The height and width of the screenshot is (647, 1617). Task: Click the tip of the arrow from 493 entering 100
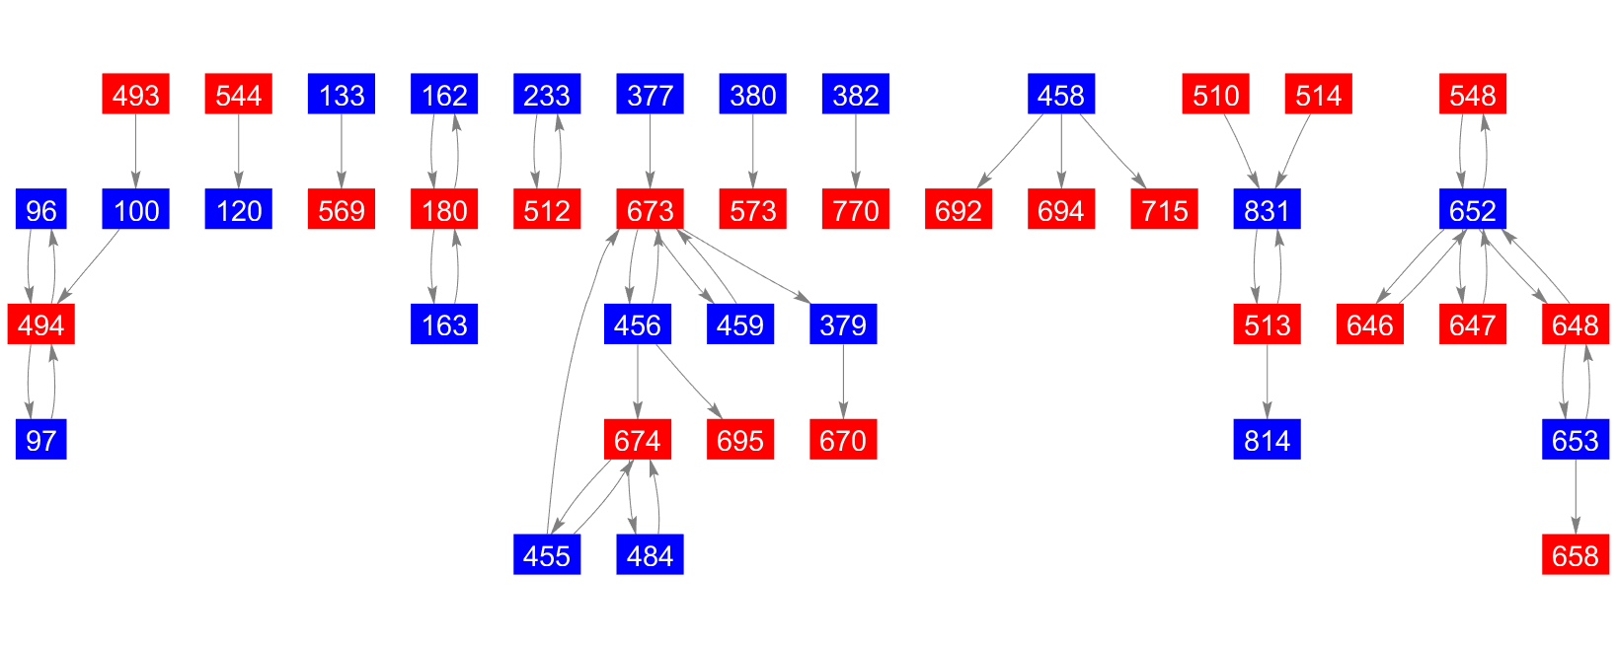click(x=135, y=188)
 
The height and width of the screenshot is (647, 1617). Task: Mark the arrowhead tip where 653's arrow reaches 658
click(x=1576, y=534)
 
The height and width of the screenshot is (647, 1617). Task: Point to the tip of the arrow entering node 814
click(x=1267, y=419)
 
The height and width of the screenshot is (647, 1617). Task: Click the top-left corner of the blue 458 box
click(x=1028, y=74)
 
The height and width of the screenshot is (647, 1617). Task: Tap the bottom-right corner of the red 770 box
click(x=889, y=230)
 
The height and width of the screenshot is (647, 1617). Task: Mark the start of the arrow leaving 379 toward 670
click(x=843, y=345)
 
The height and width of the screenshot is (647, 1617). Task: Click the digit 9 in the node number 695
click(x=740, y=441)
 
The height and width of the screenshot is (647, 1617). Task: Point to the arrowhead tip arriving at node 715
click(x=1146, y=188)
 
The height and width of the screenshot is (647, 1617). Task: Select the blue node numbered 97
click(x=41, y=439)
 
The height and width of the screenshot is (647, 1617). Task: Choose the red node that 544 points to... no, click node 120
click(x=238, y=209)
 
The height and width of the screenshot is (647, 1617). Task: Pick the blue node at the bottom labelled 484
click(x=650, y=554)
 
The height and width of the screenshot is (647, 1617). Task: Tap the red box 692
click(x=959, y=209)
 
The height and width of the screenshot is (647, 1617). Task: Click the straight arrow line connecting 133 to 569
click(x=342, y=152)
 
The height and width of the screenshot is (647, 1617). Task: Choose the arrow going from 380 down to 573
click(x=753, y=152)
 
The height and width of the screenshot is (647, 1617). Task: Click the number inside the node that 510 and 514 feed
click(x=1267, y=211)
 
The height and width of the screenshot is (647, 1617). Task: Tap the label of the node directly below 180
click(x=444, y=325)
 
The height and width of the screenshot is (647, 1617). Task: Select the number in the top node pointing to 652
click(x=1473, y=96)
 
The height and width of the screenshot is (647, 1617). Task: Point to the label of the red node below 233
click(x=547, y=211)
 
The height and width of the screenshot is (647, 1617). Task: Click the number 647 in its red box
click(x=1473, y=325)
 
